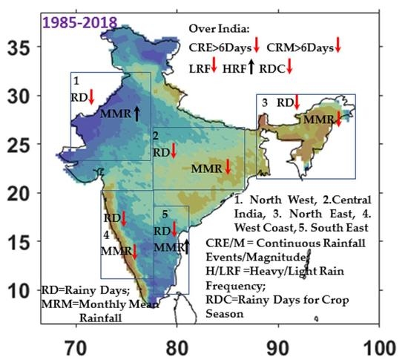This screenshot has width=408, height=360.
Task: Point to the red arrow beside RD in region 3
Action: pos(296,102)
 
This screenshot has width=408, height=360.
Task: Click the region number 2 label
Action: pos(156,136)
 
